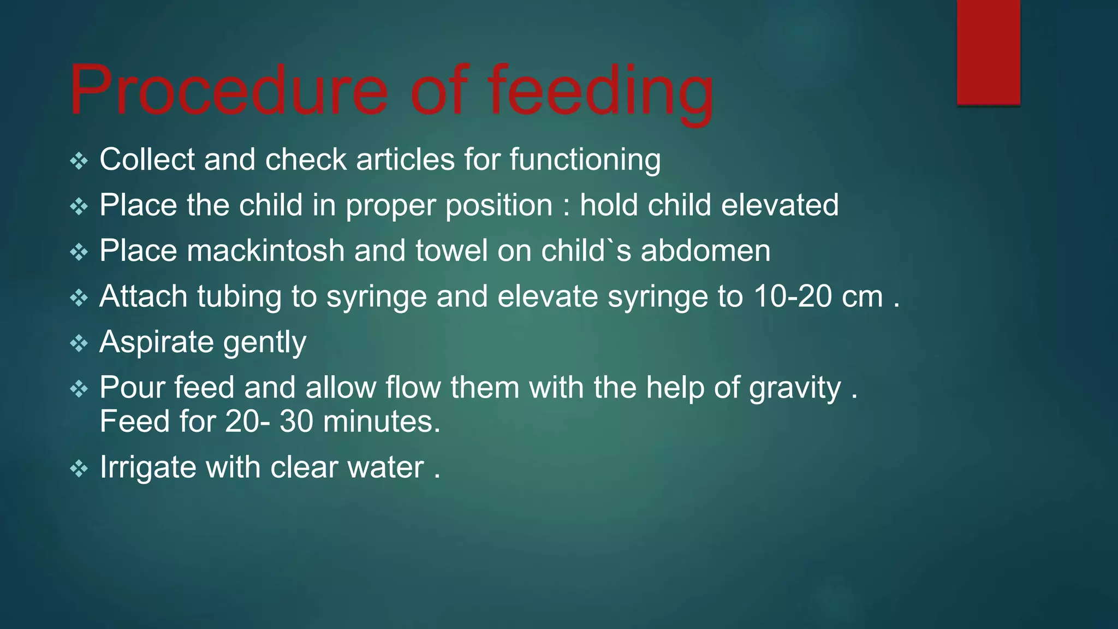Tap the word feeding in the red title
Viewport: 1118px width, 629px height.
[x=600, y=91]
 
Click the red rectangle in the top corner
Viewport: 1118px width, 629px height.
[x=988, y=52]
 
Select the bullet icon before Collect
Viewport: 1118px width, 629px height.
[x=79, y=161]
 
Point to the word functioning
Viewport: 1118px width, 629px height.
[x=585, y=159]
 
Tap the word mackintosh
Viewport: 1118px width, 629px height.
[x=265, y=251]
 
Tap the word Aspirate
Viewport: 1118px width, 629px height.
[x=156, y=342]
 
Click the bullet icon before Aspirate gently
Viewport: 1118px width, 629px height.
[x=79, y=343]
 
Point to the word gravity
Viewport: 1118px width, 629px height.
[x=794, y=388]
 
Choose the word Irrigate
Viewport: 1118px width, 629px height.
[x=147, y=467]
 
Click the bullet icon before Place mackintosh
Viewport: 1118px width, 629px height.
[x=79, y=252]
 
